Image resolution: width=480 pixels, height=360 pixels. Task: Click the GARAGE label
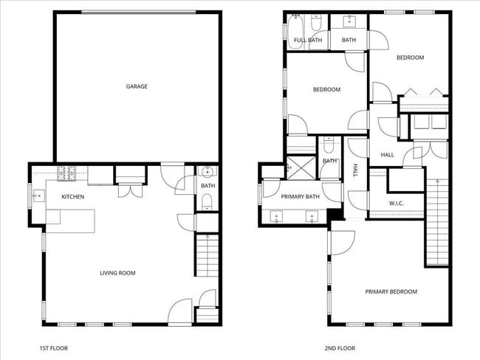[x=137, y=86]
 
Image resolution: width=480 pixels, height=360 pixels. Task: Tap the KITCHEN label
[x=72, y=197]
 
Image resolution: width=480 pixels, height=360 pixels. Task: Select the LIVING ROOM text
[x=117, y=273]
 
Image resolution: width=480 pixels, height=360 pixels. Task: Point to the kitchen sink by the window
[x=38, y=196]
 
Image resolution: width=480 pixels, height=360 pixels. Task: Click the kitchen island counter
[x=71, y=219]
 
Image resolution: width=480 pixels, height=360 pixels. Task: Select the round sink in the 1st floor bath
[x=208, y=173]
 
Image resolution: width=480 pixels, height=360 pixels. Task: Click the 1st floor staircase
[x=208, y=255]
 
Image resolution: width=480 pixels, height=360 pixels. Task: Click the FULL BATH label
[x=307, y=41]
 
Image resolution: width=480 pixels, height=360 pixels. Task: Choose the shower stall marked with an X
[x=300, y=166]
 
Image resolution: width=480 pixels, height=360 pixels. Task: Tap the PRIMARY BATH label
[x=299, y=197]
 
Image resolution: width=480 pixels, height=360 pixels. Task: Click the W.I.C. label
[x=396, y=204]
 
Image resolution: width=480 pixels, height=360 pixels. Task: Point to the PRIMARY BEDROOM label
[x=391, y=291]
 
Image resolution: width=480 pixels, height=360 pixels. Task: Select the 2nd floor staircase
[x=437, y=221]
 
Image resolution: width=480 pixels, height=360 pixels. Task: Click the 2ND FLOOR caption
[x=340, y=348]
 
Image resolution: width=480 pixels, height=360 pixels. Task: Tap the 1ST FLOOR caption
[x=54, y=348]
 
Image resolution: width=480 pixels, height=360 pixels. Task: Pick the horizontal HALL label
[x=387, y=155]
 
